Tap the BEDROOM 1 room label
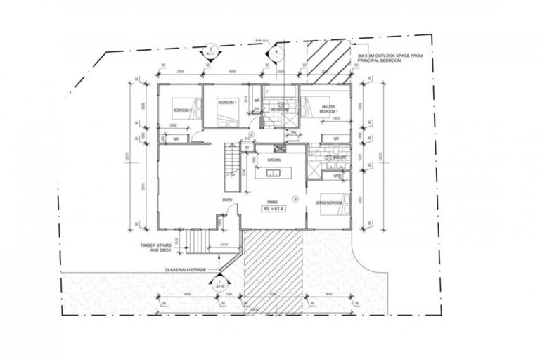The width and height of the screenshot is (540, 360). click(228, 103)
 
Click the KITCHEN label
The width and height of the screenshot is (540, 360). click(274, 160)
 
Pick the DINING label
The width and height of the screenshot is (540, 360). click(273, 200)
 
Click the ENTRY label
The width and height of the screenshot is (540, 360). click(227, 200)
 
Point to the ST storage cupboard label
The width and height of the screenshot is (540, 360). click(247, 148)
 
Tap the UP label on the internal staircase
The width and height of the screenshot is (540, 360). click(233, 176)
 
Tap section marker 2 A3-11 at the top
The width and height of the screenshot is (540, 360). click(210, 51)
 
